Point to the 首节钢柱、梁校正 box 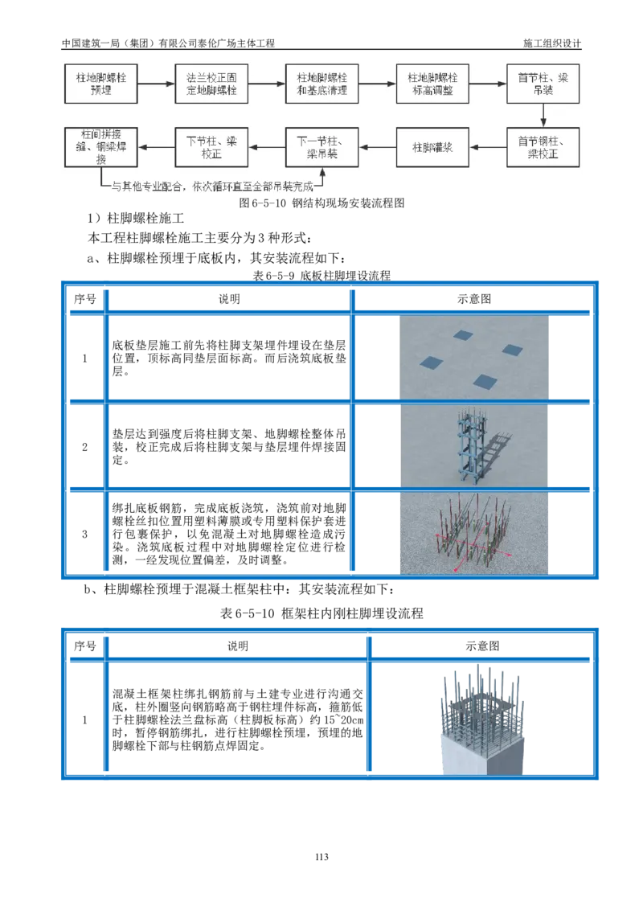[x=543, y=147]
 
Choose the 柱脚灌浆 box [x=432, y=147]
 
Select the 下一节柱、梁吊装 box [x=321, y=147]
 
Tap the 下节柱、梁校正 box [x=211, y=147]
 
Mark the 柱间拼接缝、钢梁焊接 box [x=102, y=147]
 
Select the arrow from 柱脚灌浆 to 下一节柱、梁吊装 [x=378, y=147]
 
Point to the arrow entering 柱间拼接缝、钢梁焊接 [x=157, y=147]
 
